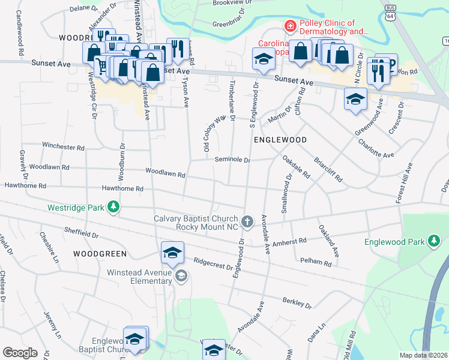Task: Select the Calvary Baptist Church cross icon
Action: click(x=247, y=222)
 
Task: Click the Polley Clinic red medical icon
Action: click(x=289, y=26)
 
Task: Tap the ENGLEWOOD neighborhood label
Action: click(x=280, y=139)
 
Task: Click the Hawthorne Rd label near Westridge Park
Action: click(x=122, y=188)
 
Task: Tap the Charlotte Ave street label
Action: click(x=376, y=148)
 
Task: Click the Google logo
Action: click(x=20, y=353)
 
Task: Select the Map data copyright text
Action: click(x=424, y=355)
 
